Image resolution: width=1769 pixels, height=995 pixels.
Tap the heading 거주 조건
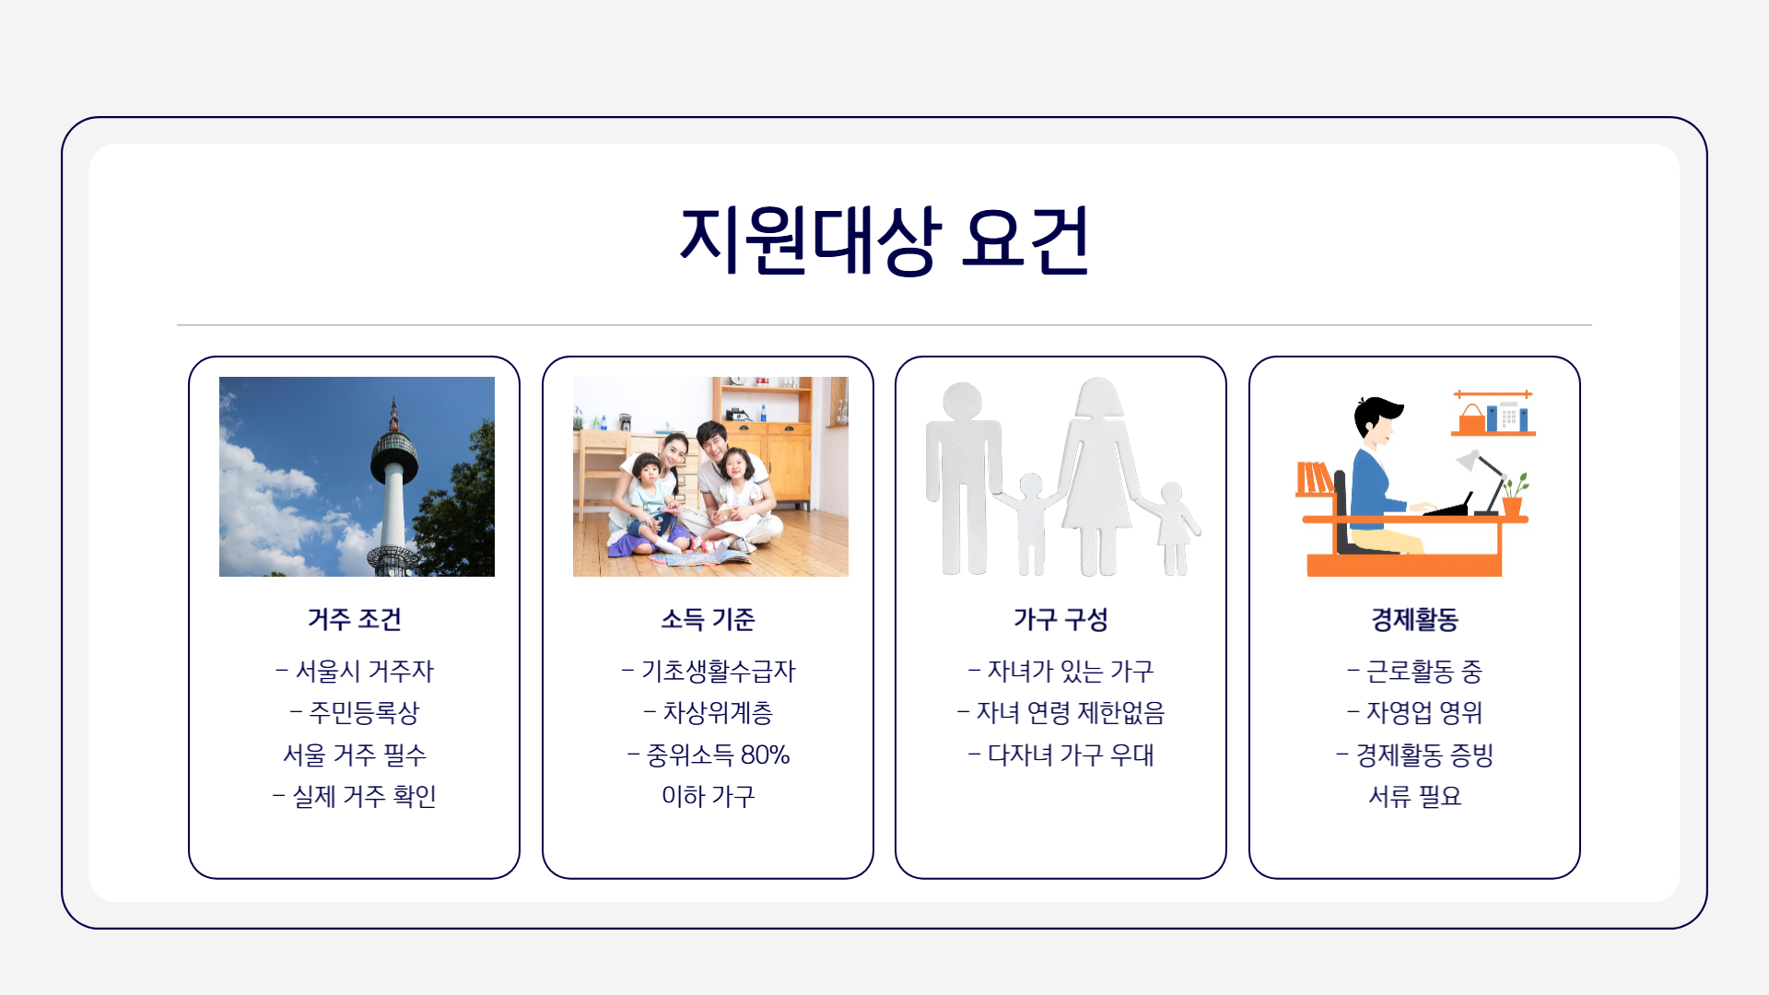coord(355,619)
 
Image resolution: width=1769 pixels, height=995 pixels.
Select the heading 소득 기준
coord(708,619)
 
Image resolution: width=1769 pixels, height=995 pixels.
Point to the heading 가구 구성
coord(1060,619)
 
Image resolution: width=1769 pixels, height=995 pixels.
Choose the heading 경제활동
coord(1415,619)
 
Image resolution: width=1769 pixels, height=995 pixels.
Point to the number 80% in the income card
coord(765,755)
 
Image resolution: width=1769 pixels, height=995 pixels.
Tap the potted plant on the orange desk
coord(1513,495)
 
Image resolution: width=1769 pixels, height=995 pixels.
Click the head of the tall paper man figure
coord(962,402)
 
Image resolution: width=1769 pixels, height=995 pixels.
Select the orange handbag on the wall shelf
coord(1471,419)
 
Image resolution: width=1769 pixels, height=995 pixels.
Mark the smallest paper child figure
coord(1172,528)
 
